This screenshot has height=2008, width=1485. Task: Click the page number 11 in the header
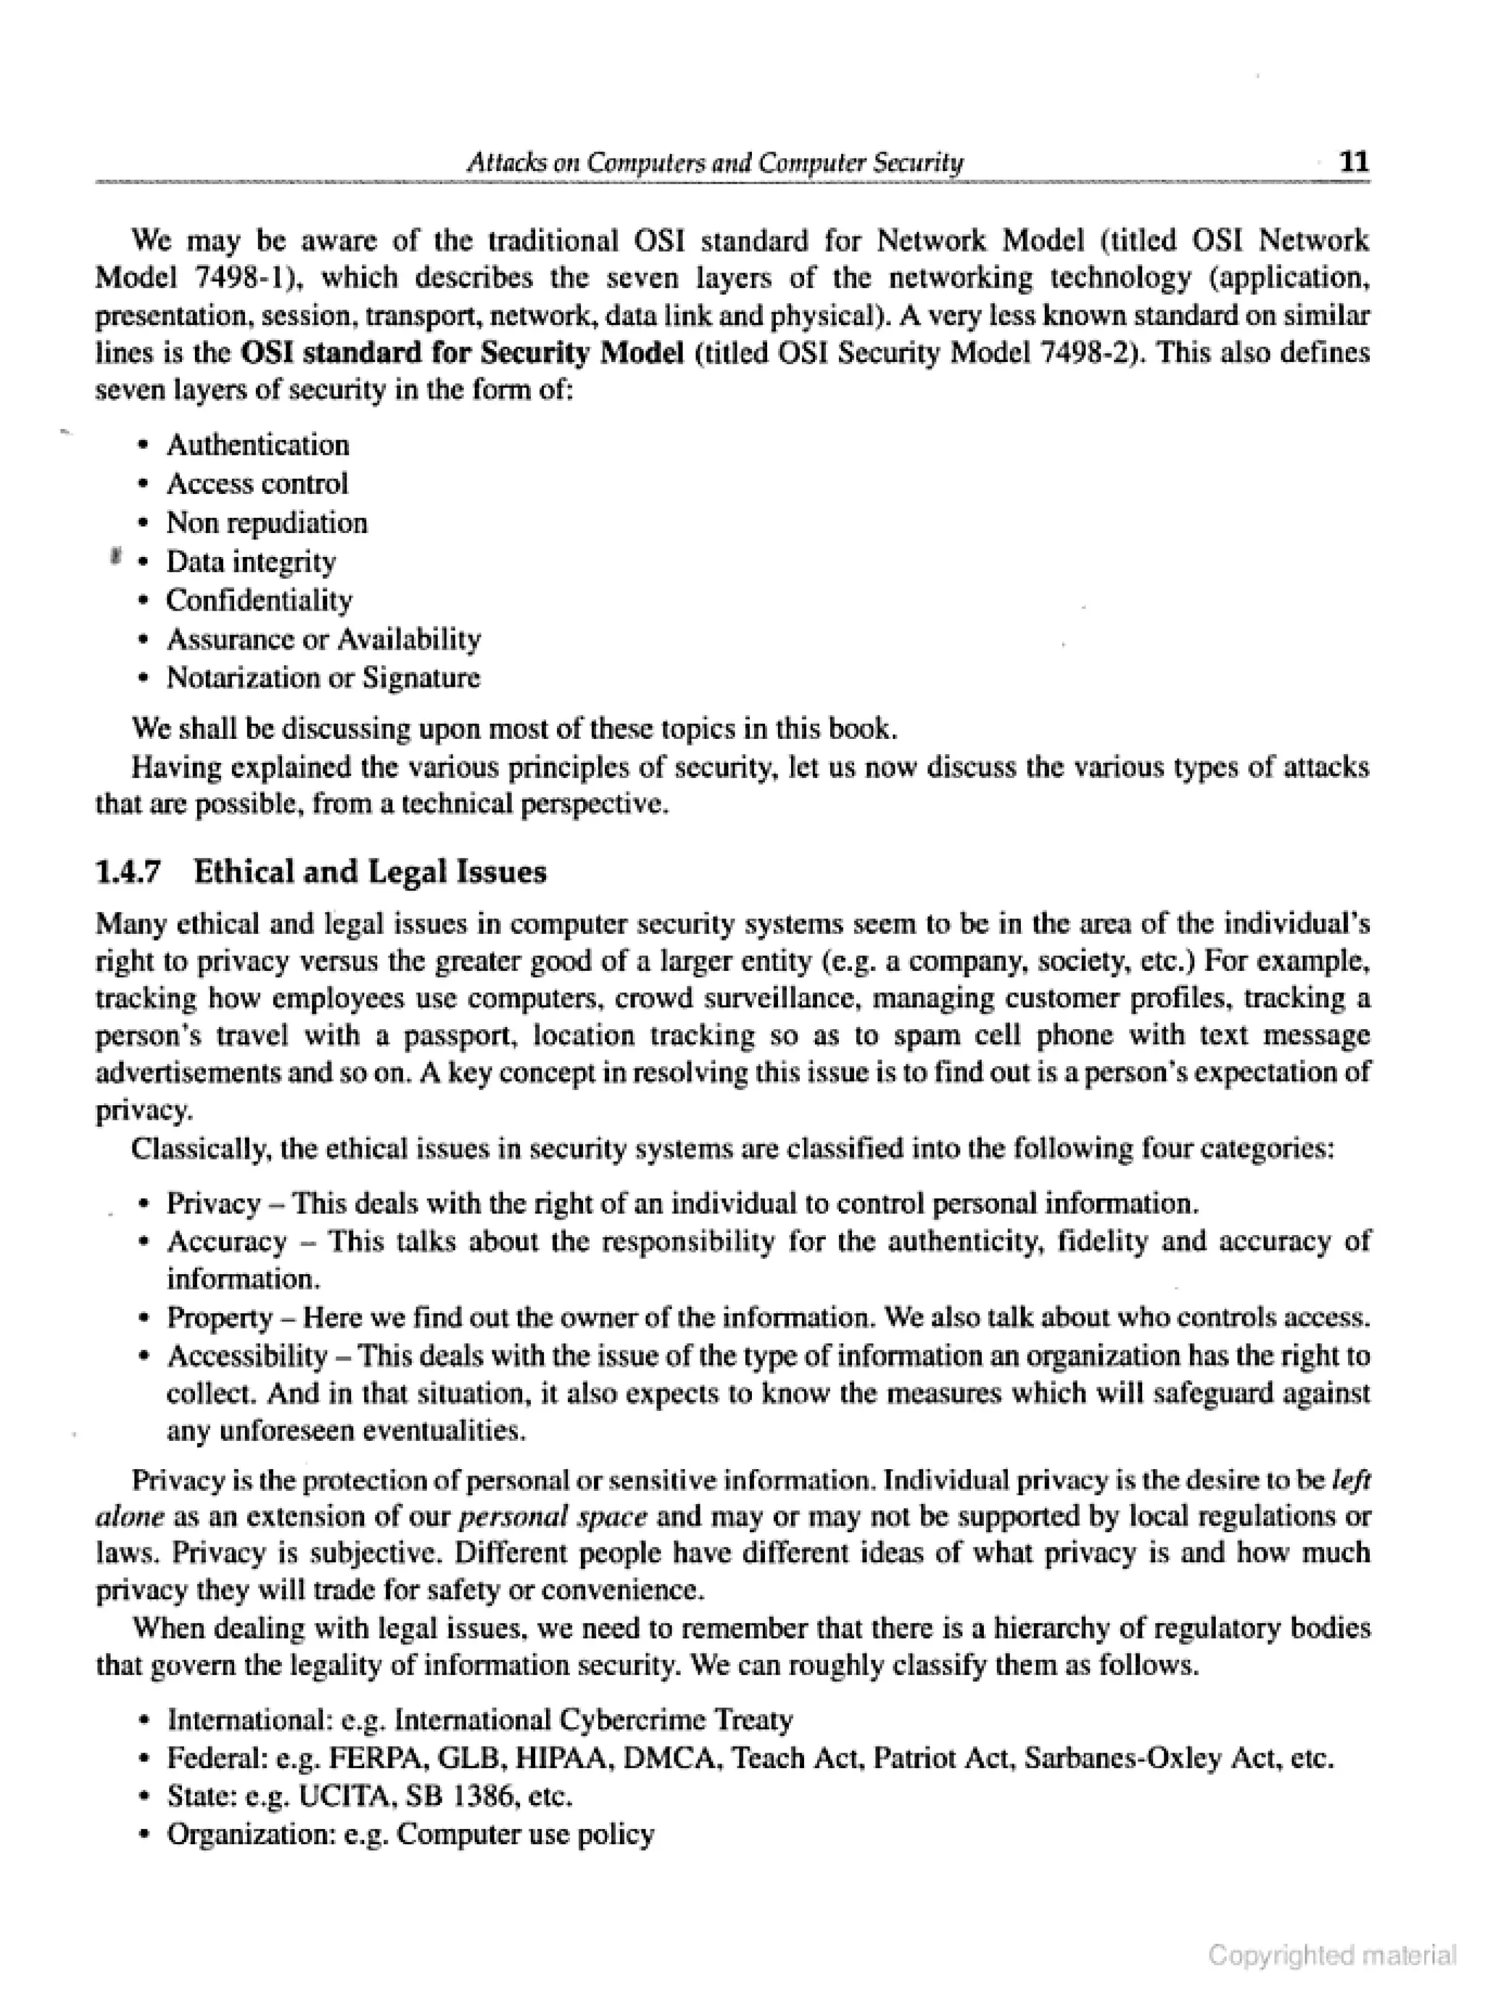click(x=1354, y=162)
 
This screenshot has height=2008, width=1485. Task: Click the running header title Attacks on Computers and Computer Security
click(x=715, y=162)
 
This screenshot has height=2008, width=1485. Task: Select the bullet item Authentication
click(x=257, y=445)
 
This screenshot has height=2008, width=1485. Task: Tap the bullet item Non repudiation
click(x=266, y=523)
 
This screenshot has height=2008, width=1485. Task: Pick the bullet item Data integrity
click(x=251, y=562)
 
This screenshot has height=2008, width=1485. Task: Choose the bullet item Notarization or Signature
click(x=323, y=678)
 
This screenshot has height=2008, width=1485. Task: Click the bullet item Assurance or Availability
click(x=323, y=639)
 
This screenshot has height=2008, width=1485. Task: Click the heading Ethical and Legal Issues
click(x=370, y=872)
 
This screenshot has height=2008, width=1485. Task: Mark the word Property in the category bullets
click(x=219, y=1318)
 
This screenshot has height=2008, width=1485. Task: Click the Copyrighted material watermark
click(x=1332, y=1956)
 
